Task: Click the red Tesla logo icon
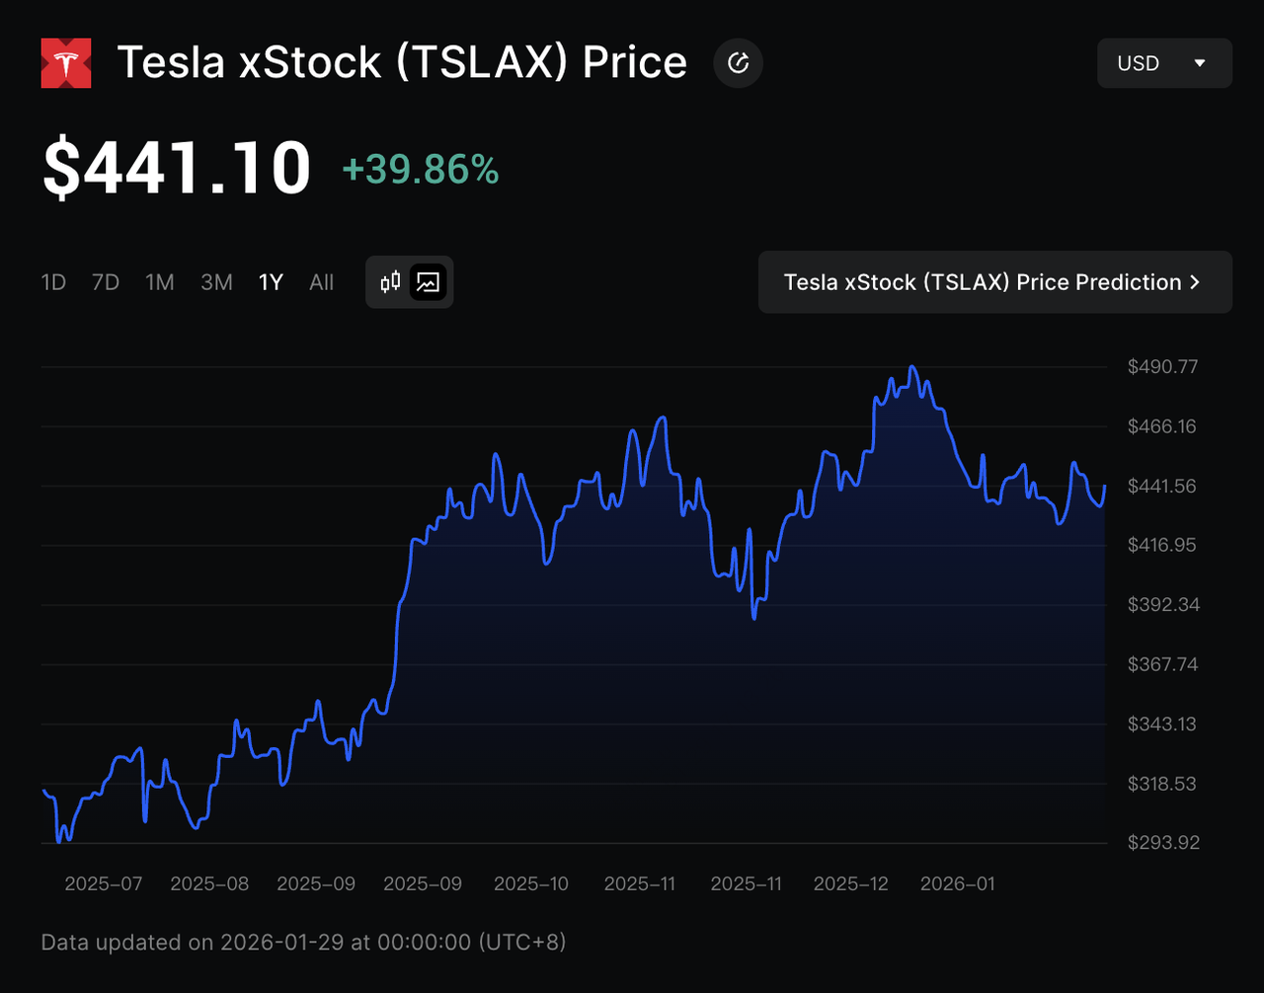click(66, 63)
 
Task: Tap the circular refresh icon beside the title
click(738, 63)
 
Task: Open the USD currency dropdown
click(1164, 63)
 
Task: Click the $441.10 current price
click(177, 168)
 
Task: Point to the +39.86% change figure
click(421, 170)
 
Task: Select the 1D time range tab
click(53, 282)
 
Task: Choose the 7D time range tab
click(106, 282)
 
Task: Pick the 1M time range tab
click(160, 282)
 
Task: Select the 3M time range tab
click(216, 282)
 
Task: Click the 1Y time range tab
click(271, 282)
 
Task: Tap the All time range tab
click(322, 282)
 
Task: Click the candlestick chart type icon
click(391, 282)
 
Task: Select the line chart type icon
click(429, 282)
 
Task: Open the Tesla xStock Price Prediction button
click(994, 282)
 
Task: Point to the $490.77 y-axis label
click(1162, 367)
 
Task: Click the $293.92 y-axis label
click(1162, 843)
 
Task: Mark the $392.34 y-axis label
click(1162, 605)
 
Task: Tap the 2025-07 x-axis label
click(104, 883)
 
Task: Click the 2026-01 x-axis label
click(957, 883)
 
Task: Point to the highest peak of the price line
click(912, 367)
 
